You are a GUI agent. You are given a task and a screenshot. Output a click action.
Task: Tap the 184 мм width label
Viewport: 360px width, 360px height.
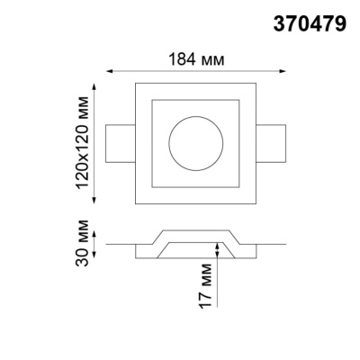(195, 59)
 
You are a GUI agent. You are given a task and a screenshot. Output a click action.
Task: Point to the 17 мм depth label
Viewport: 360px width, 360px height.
(205, 281)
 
